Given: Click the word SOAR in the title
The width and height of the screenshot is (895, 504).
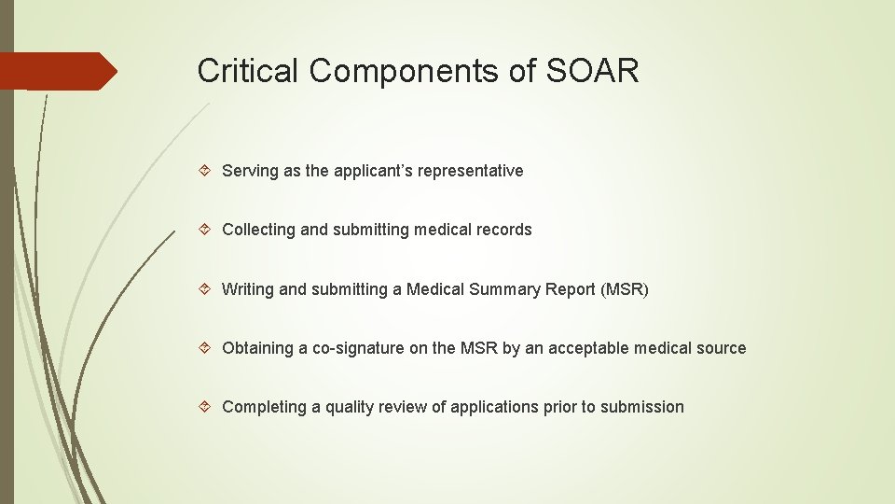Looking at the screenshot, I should click(x=594, y=71).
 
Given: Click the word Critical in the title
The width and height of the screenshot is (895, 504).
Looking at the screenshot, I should click(x=247, y=71).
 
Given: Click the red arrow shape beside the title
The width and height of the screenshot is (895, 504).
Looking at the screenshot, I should click(x=58, y=71).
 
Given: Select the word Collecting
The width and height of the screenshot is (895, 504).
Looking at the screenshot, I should click(x=258, y=230).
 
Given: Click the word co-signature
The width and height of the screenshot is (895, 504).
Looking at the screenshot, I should click(x=370, y=348).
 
